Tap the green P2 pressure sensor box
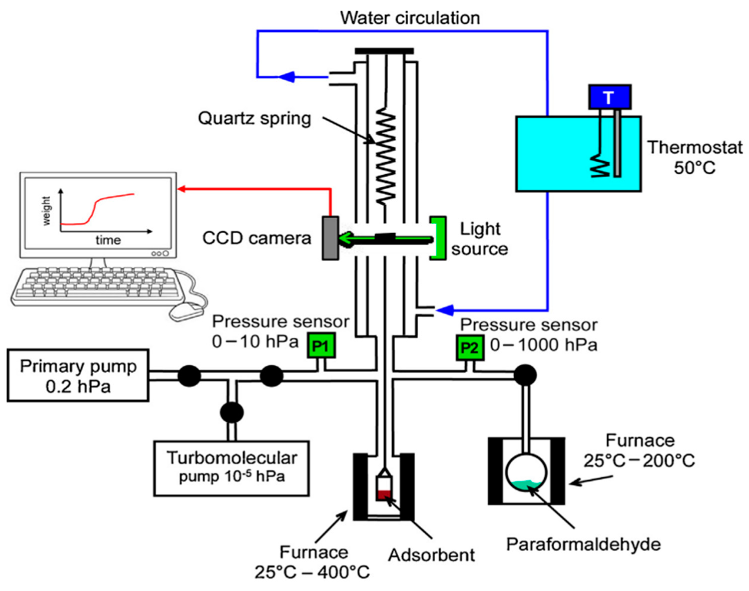click(x=470, y=347)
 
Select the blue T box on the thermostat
click(x=609, y=97)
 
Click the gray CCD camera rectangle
click(x=330, y=238)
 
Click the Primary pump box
click(x=78, y=375)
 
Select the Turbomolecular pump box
click(x=231, y=468)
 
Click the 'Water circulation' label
click(x=410, y=18)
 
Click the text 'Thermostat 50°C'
click(x=695, y=157)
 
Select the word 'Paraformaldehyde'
click(x=584, y=545)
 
